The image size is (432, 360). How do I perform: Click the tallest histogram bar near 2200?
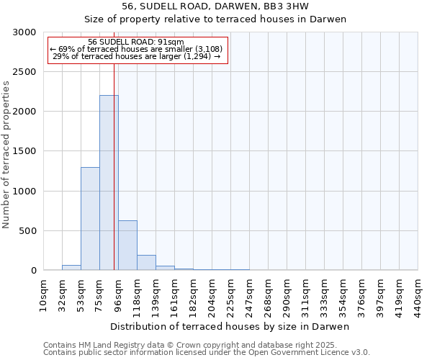tap(109, 183)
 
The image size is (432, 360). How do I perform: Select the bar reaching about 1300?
tap(90, 219)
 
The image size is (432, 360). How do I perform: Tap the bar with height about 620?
tap(127, 246)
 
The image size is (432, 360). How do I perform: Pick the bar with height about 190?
tap(146, 263)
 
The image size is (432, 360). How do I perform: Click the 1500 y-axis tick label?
tap(27, 151)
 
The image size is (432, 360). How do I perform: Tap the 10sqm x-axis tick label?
tap(43, 295)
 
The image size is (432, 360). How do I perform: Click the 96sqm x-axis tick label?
tap(118, 295)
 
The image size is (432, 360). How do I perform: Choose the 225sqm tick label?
tap(230, 295)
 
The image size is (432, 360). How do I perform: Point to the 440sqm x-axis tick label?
tap(418, 295)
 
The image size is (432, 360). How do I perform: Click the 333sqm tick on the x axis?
tap(324, 295)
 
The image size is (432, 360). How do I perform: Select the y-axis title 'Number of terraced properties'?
tap(6, 154)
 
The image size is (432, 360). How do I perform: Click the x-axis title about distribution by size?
tap(230, 326)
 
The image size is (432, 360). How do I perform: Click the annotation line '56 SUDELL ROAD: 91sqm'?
tap(136, 42)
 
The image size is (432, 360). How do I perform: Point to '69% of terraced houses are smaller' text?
tap(136, 49)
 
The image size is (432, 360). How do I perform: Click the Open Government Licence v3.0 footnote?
tap(207, 353)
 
